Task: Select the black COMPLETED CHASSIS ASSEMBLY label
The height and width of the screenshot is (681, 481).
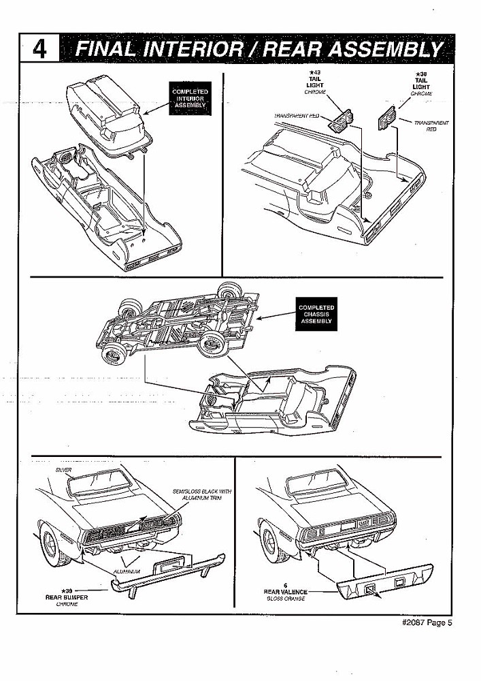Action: point(316,314)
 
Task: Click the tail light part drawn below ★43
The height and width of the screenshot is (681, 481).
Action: point(338,122)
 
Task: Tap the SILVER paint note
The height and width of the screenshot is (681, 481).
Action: point(63,471)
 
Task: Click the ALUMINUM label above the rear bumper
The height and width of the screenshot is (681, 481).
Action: point(127,571)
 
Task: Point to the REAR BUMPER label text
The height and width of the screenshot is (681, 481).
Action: point(66,596)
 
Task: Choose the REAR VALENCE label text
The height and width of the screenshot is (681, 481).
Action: point(285,592)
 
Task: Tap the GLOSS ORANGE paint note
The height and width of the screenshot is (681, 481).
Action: point(285,599)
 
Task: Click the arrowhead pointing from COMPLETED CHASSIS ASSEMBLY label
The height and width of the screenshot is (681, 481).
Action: point(262,316)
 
